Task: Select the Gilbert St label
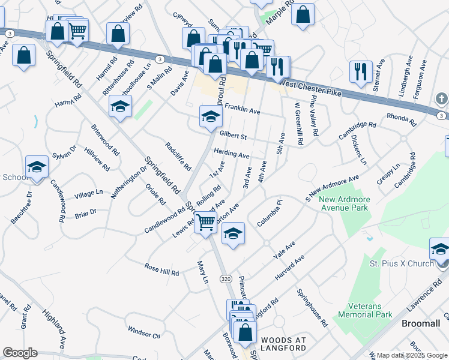pos(233,135)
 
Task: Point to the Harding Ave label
pos(231,155)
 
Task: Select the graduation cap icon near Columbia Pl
pos(233,235)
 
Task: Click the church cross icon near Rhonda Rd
pos(441,98)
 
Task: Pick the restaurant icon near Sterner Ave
pos(361,71)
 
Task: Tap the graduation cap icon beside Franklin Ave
pos(210,118)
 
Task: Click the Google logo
pos(20,353)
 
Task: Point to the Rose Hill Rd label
pos(162,269)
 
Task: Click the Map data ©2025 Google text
pos(411,355)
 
